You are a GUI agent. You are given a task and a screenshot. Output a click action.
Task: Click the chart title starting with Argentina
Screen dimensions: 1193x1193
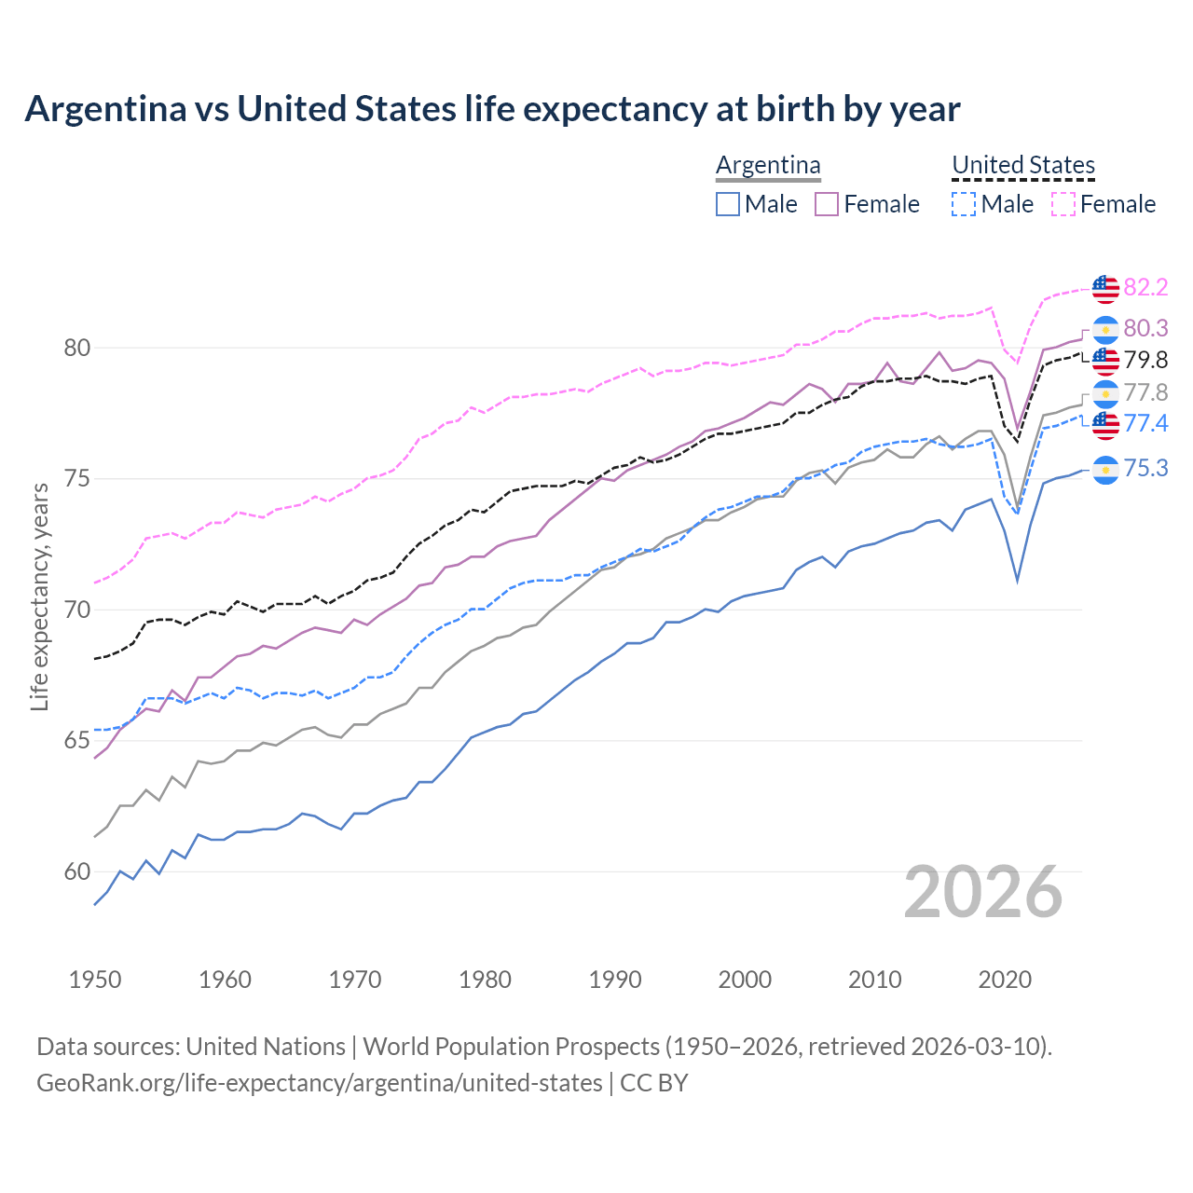click(492, 109)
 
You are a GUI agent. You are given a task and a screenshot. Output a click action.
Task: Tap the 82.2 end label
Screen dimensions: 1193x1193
click(1145, 287)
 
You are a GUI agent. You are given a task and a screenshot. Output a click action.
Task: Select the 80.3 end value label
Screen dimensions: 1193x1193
click(1145, 328)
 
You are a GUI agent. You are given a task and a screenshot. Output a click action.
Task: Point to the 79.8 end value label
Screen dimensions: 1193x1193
click(1145, 360)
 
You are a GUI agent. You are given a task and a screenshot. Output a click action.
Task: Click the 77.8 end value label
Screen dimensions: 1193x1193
click(1145, 392)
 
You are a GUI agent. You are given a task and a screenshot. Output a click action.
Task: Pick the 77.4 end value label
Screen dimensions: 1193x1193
click(1145, 424)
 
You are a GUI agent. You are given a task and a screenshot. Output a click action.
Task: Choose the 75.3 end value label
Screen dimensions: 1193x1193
click(1145, 468)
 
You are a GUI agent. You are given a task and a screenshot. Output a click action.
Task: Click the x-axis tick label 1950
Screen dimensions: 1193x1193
click(95, 980)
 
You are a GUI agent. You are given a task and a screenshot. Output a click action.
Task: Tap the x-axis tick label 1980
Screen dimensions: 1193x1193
click(485, 980)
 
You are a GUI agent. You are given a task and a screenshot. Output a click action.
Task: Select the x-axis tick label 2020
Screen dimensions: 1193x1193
click(1005, 980)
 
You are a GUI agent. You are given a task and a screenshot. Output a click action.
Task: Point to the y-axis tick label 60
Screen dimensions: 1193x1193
click(76, 872)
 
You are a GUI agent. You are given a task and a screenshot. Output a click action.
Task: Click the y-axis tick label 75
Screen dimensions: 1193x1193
click(76, 479)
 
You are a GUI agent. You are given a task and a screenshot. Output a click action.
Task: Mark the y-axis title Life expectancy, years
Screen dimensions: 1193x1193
click(39, 596)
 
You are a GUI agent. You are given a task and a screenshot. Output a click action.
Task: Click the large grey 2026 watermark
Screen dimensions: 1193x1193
click(983, 893)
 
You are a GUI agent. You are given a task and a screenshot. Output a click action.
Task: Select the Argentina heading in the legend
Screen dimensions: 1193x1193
click(768, 166)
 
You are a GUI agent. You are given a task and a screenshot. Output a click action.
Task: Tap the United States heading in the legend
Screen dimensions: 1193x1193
click(1022, 166)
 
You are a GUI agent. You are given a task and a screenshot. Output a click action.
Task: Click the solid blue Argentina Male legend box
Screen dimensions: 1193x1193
click(728, 204)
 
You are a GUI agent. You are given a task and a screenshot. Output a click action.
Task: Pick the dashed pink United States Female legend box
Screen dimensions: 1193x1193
click(1063, 204)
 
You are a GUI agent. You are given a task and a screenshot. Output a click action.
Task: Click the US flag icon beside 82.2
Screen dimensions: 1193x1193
click(1105, 289)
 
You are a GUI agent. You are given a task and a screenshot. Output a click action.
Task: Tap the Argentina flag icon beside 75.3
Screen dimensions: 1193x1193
click(1105, 470)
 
